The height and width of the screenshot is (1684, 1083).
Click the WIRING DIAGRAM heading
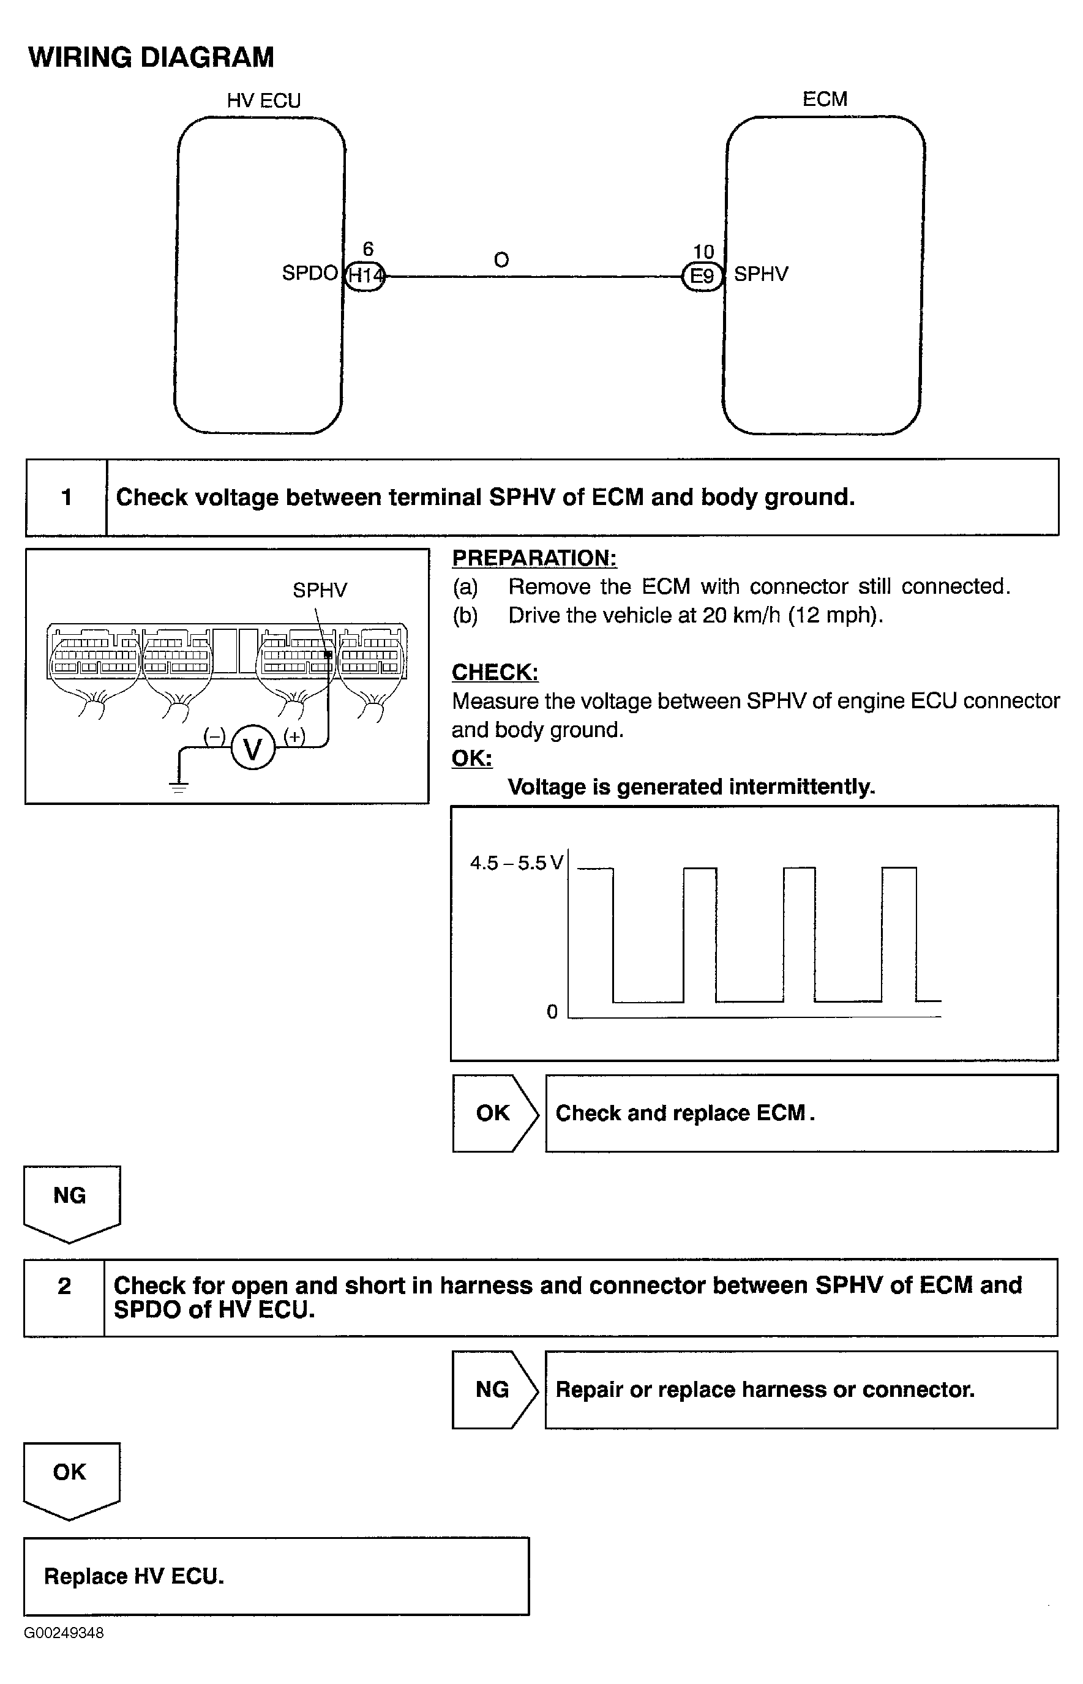[x=151, y=57]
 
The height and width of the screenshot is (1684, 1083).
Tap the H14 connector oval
[x=365, y=275]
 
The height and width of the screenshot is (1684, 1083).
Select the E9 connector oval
[x=702, y=275]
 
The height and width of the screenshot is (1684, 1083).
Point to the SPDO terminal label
[x=309, y=273]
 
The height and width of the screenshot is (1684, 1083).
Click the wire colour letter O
[x=501, y=260]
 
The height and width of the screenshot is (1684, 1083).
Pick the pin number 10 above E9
[x=703, y=252]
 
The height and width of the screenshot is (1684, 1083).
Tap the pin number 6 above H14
[x=368, y=249]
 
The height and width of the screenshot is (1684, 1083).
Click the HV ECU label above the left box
[x=264, y=100]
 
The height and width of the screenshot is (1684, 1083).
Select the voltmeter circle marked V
[x=252, y=747]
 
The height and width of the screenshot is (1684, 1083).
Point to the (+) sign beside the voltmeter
[x=294, y=735]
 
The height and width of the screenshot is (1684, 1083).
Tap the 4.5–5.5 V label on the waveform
[x=516, y=863]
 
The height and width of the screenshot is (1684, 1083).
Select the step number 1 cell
[x=66, y=497]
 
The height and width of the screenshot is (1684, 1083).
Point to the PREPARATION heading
[x=534, y=558]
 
